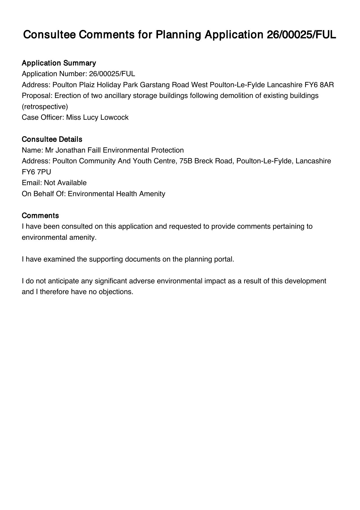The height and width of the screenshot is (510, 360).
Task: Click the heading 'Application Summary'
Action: point(59,63)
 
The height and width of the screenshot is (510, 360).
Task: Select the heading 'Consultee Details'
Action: point(52,139)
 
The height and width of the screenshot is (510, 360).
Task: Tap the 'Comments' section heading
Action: point(40,216)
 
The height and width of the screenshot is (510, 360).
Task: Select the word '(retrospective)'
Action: point(45,107)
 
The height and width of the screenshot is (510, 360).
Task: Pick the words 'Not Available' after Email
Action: point(65,183)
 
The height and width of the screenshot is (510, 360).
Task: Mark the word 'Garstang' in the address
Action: point(155,85)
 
